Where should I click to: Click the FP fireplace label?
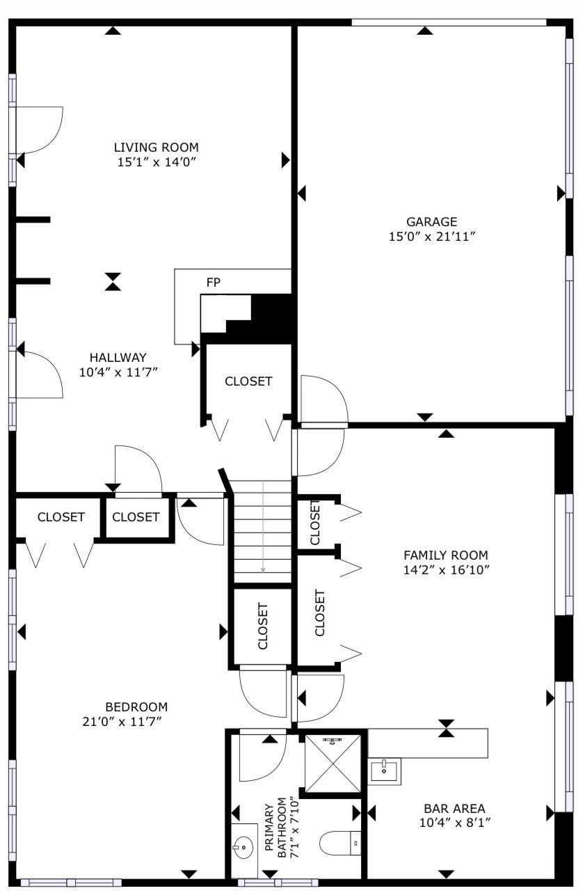click(x=213, y=283)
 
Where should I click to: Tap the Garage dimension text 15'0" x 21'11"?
click(x=431, y=237)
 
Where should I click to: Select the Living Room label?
click(x=156, y=147)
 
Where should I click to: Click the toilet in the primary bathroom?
click(x=342, y=844)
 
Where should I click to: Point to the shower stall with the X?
click(x=333, y=764)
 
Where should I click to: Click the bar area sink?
click(x=384, y=771)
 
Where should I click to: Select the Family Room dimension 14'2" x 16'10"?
click(x=446, y=570)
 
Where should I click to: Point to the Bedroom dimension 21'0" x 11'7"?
click(x=122, y=721)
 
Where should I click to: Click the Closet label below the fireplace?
click(x=248, y=381)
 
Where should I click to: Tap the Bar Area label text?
click(x=454, y=808)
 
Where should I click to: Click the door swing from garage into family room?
click(x=324, y=400)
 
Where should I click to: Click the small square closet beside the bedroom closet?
click(x=136, y=517)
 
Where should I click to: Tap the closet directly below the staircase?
click(x=263, y=625)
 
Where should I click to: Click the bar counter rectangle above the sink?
click(x=427, y=743)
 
